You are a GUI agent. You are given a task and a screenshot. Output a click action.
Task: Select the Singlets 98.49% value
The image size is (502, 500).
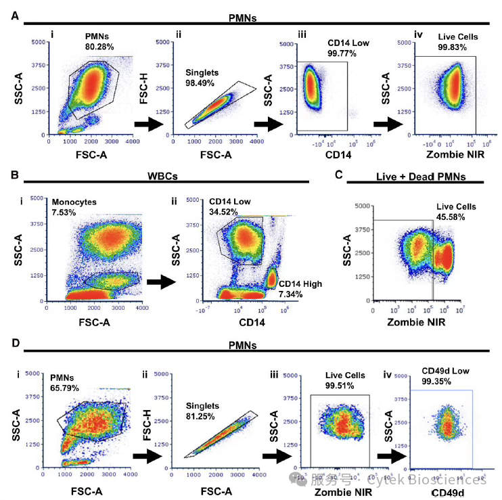(202, 83)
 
